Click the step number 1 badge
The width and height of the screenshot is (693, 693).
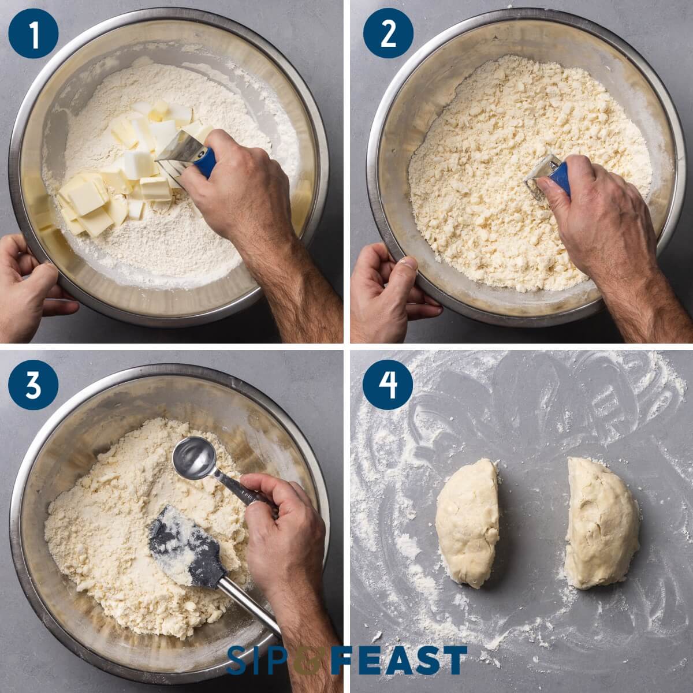(33, 33)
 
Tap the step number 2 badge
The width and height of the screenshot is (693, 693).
(388, 33)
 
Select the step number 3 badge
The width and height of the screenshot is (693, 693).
(33, 385)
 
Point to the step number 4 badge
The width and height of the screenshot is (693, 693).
(388, 385)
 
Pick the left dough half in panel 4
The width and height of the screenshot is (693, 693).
(468, 523)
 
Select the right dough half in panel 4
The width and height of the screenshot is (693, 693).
(601, 523)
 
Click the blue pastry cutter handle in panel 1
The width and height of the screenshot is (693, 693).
(206, 162)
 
